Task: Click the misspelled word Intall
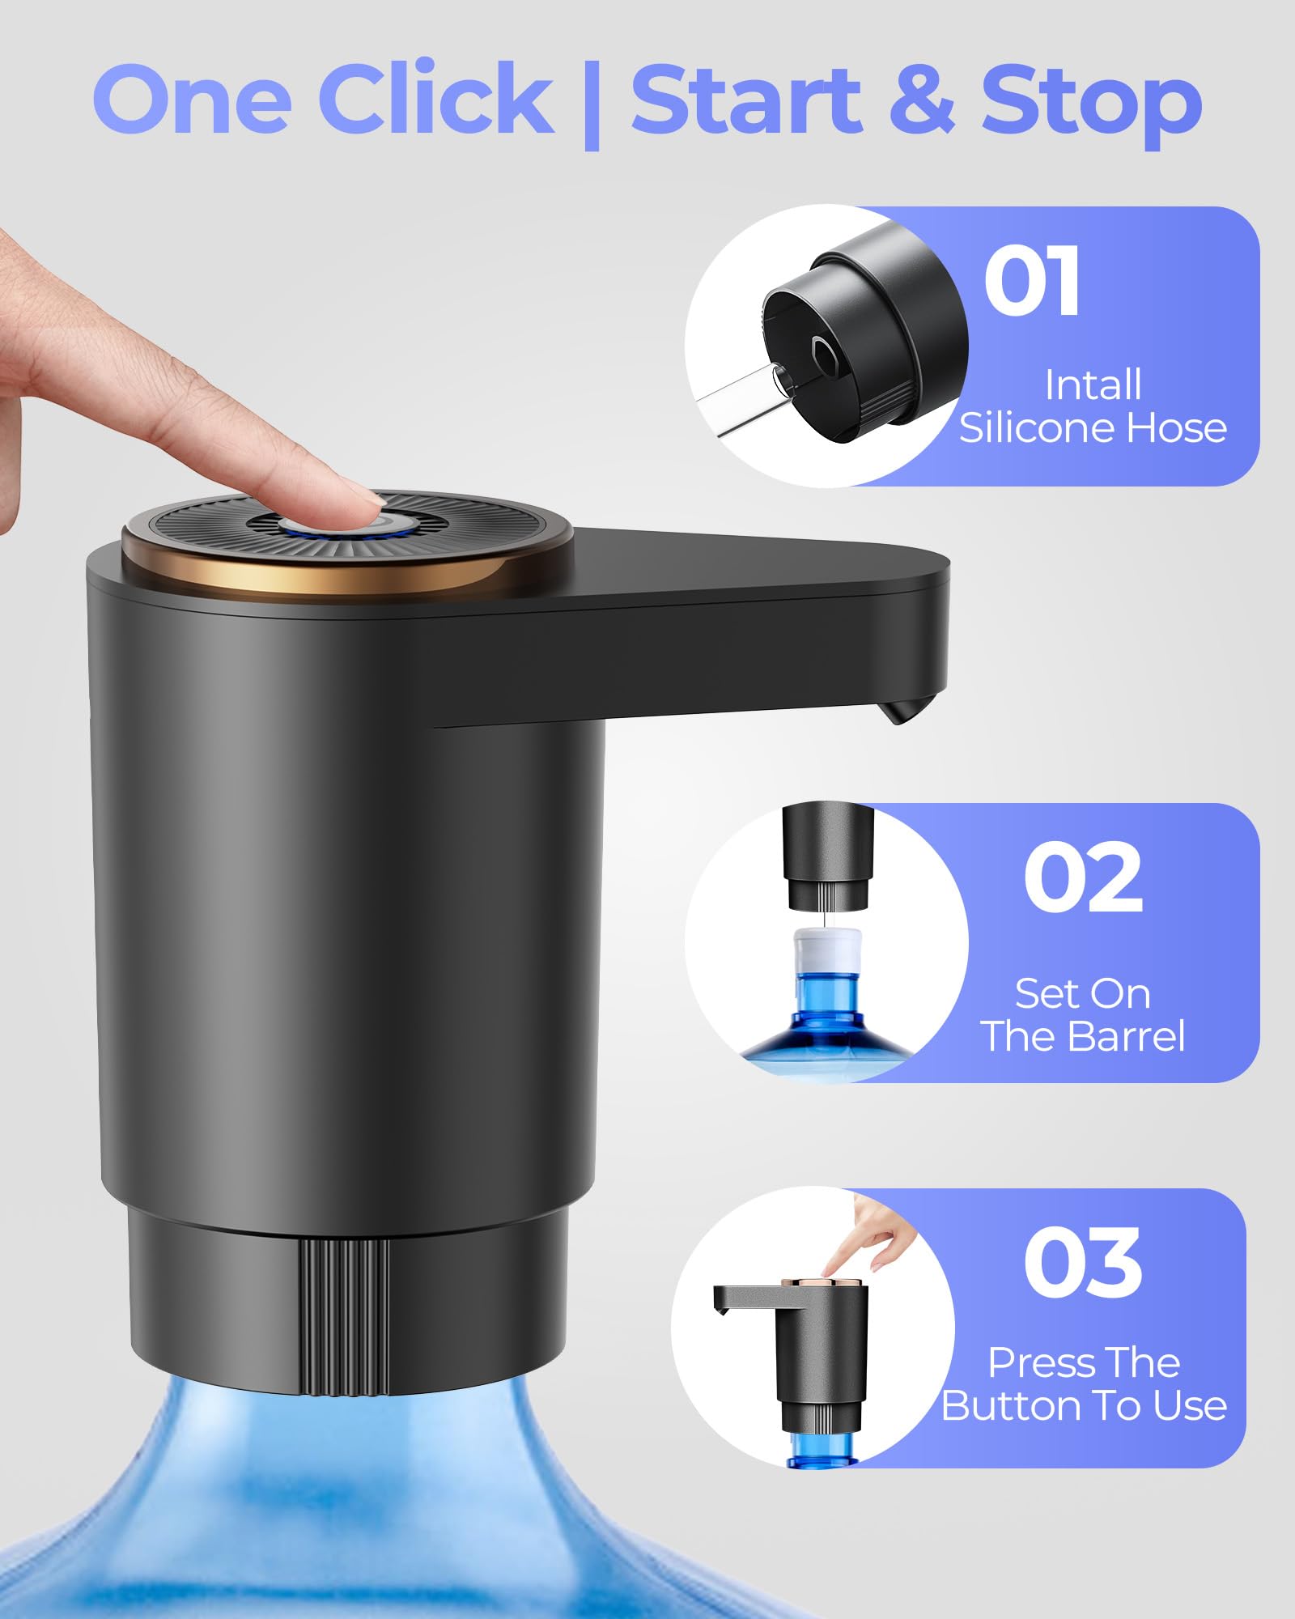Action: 1093,385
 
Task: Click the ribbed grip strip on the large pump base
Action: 344,1319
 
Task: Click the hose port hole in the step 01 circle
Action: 823,351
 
